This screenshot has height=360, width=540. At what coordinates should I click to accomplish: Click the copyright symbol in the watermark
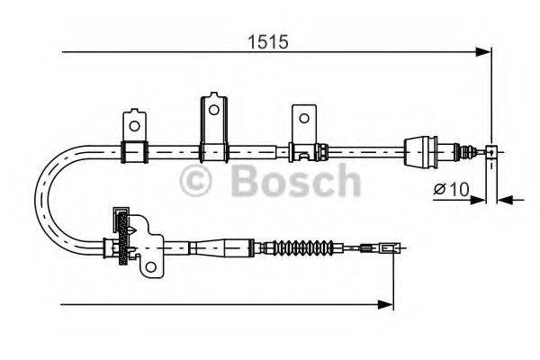[x=199, y=181]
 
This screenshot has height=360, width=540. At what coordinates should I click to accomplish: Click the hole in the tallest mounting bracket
[x=213, y=110]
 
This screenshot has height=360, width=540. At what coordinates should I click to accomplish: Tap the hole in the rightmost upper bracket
[x=303, y=117]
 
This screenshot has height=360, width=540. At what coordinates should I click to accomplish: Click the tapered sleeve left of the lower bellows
[x=216, y=246]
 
